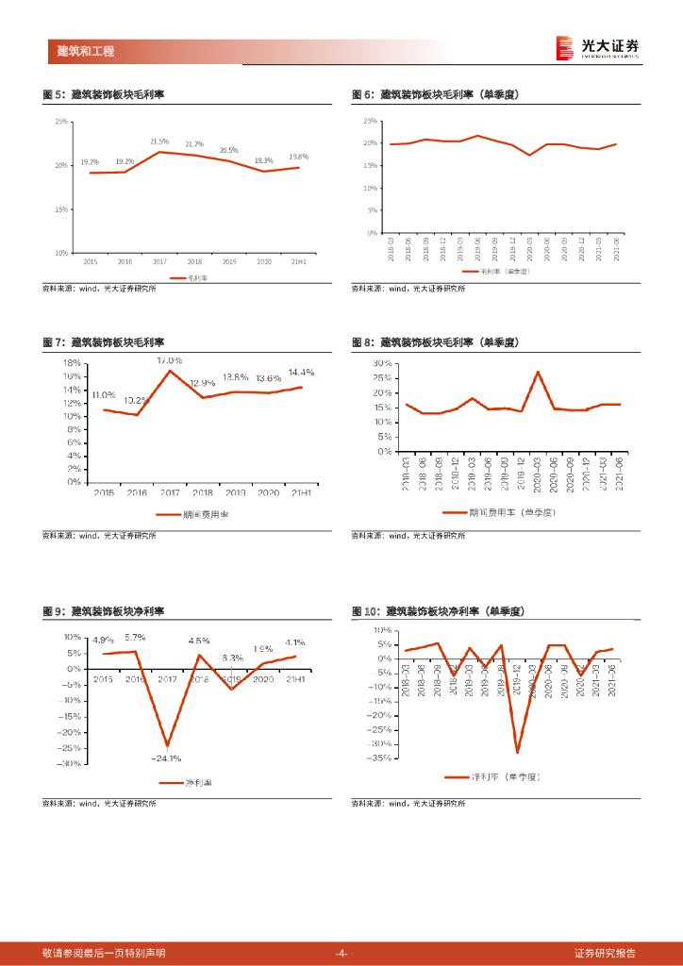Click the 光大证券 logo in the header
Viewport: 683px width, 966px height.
pos(597,47)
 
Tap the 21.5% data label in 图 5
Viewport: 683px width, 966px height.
pos(159,142)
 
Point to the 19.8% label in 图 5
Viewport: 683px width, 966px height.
pos(298,157)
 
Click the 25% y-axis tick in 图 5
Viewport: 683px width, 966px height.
pos(61,122)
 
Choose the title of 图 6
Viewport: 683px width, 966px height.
pos(436,94)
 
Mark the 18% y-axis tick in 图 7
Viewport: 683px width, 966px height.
pos(71,363)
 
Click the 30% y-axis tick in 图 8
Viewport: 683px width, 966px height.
pos(382,363)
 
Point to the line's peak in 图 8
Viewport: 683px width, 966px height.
pos(538,372)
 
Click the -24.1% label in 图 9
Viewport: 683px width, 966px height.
pos(166,758)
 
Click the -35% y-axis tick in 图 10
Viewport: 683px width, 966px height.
pos(380,758)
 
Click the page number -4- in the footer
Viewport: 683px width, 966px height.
pos(341,953)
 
